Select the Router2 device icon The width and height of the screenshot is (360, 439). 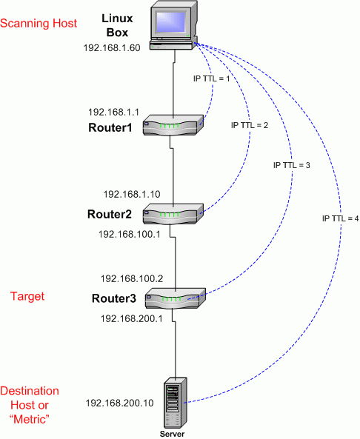click(x=173, y=214)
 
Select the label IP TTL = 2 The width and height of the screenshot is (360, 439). click(x=249, y=126)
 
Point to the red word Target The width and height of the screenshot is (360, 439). click(x=27, y=296)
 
